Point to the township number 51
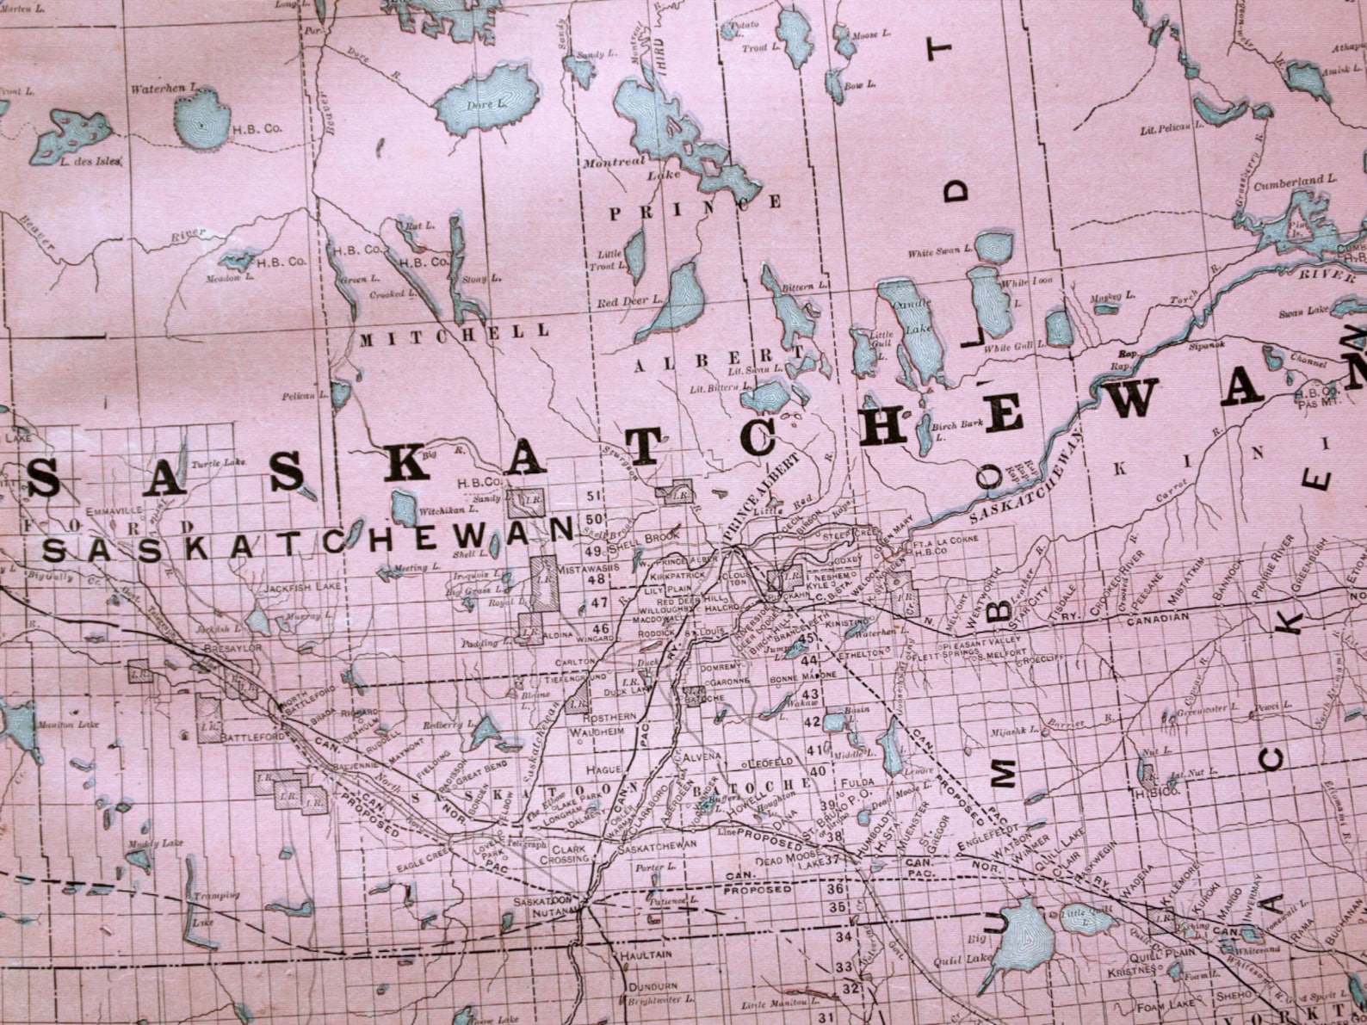(x=592, y=496)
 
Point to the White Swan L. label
(x=940, y=254)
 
